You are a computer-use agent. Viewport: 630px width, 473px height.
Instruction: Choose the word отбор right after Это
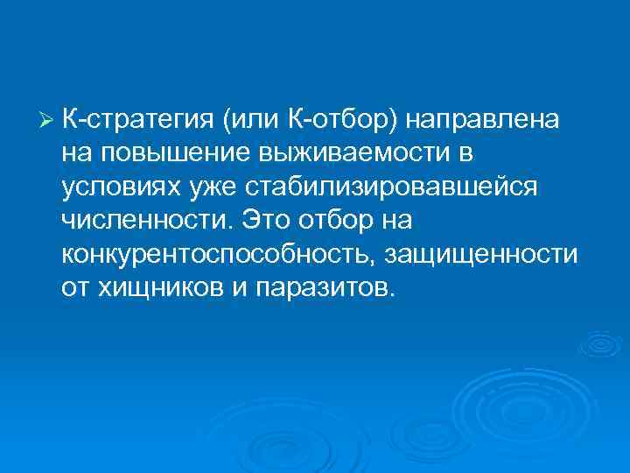point(330,221)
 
